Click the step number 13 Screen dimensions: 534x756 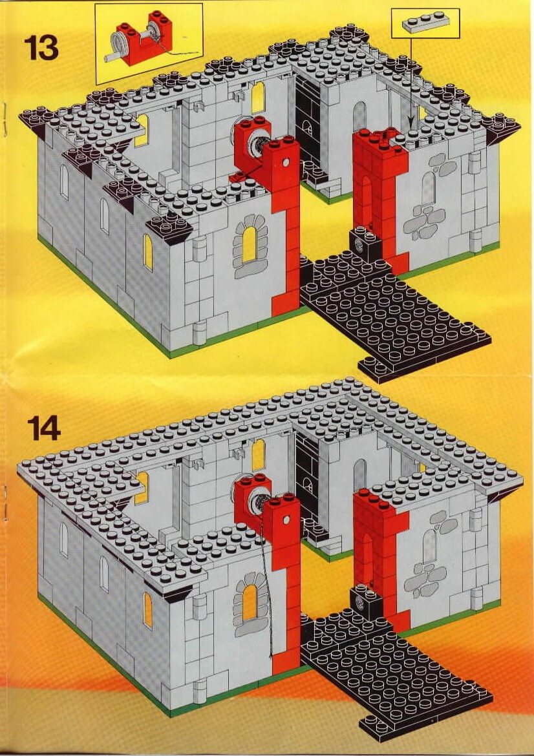point(41,48)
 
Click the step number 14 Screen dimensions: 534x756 point(44,428)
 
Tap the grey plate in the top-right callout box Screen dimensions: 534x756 point(425,23)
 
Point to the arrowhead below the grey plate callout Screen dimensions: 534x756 point(411,125)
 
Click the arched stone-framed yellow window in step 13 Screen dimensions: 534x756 point(250,246)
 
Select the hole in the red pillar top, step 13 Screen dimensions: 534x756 point(286,162)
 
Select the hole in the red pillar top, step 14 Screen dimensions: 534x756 point(286,521)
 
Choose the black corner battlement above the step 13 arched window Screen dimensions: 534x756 point(169,228)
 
